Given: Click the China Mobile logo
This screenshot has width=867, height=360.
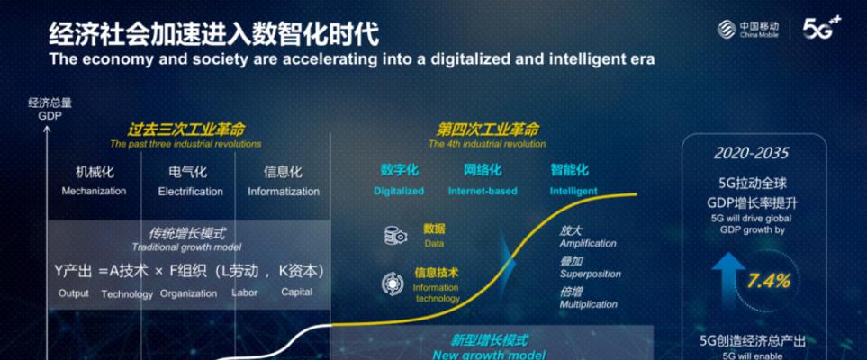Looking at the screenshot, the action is pyautogui.click(x=748, y=30).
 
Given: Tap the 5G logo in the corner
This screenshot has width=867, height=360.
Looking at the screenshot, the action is pyautogui.click(x=822, y=28).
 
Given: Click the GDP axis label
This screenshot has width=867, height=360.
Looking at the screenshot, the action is pyautogui.click(x=50, y=117).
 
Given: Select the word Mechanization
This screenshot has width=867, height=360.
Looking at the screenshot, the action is pyautogui.click(x=94, y=192).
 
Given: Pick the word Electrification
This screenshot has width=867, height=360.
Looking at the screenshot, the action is pyautogui.click(x=191, y=192).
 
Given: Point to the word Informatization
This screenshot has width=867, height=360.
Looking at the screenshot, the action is pyautogui.click(x=284, y=192).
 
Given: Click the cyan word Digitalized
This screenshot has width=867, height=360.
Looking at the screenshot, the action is pyautogui.click(x=399, y=192).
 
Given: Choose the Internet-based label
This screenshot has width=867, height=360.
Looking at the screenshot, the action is pyautogui.click(x=483, y=192).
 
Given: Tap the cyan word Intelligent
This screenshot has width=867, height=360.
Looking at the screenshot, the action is pyautogui.click(x=573, y=192).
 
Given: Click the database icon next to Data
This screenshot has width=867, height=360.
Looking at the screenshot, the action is pyautogui.click(x=396, y=236).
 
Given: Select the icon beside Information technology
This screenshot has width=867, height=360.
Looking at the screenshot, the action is pyautogui.click(x=393, y=283).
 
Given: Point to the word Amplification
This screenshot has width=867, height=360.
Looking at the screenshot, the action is pyautogui.click(x=588, y=243).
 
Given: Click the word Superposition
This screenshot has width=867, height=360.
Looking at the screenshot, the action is pyautogui.click(x=590, y=274).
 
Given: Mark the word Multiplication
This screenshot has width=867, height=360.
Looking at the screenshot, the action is pyautogui.click(x=588, y=304).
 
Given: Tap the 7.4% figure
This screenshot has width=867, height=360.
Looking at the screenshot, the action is pyautogui.click(x=769, y=281).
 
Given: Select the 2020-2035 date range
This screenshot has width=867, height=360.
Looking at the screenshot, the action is pyautogui.click(x=752, y=153).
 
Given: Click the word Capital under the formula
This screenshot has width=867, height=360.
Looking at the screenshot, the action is pyautogui.click(x=297, y=292).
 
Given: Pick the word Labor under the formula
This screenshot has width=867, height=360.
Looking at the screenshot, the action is pyautogui.click(x=244, y=292).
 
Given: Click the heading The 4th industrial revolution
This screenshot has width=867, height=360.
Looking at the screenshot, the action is pyautogui.click(x=487, y=144).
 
